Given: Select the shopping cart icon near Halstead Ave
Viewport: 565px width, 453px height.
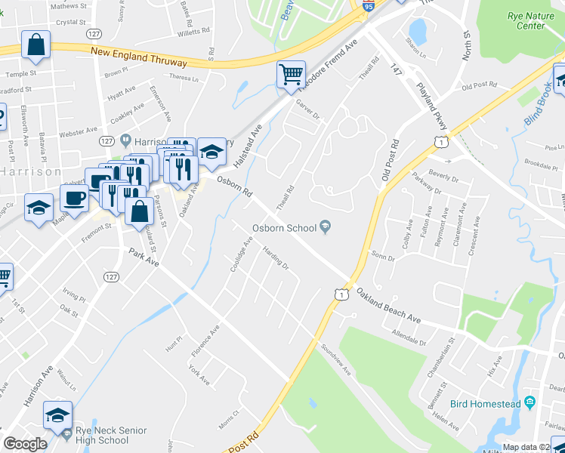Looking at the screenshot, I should tap(291, 74).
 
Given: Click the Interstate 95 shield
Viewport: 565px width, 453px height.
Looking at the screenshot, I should tap(368, 6).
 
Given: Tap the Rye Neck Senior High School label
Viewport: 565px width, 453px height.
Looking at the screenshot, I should tap(102, 436).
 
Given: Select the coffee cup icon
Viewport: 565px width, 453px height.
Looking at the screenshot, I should tap(74, 199).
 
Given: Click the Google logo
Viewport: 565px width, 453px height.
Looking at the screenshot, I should tap(25, 444).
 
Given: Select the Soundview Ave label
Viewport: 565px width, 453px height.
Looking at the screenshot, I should tap(336, 360).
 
